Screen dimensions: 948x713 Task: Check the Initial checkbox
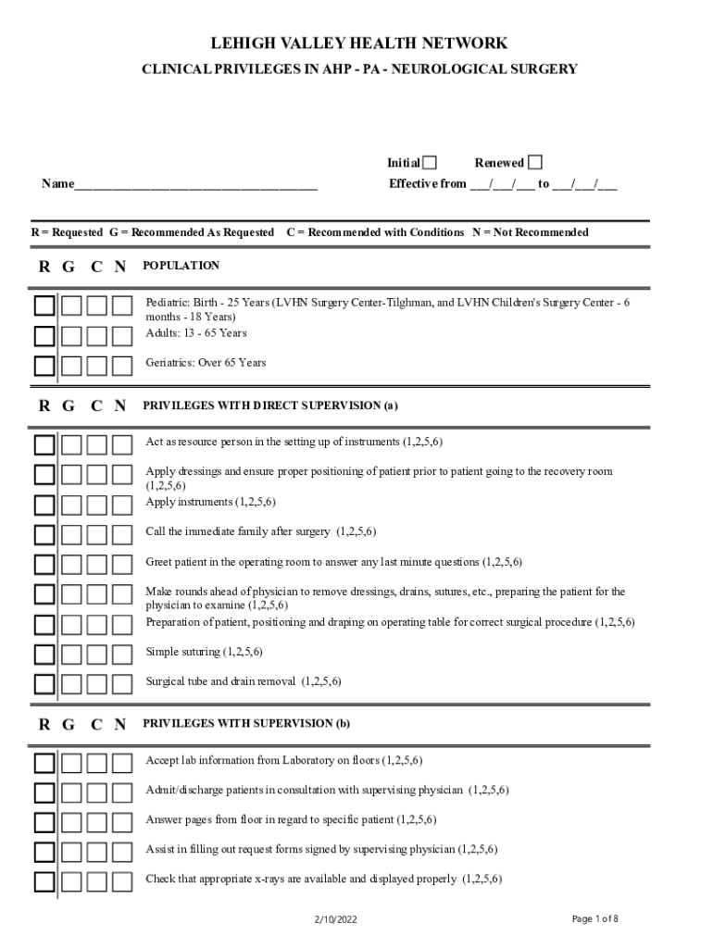point(430,163)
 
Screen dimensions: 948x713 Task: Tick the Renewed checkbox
point(535,163)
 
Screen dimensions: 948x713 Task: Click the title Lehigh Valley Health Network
point(359,44)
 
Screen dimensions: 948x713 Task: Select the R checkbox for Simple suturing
point(44,655)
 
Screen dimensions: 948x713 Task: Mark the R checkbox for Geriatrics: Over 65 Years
point(44,365)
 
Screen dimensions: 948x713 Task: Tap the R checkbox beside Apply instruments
point(44,505)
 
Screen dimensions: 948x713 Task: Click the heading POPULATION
point(181,266)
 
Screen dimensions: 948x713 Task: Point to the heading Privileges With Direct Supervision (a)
point(270,405)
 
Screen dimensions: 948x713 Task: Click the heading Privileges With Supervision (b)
point(246,723)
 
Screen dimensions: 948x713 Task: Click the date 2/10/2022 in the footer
point(335,919)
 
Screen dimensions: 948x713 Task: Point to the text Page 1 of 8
point(594,918)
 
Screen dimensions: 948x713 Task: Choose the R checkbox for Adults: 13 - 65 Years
point(44,335)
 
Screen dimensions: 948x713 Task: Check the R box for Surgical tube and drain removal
point(44,684)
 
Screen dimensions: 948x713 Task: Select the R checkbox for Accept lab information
point(44,763)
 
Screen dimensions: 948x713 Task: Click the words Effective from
point(427,183)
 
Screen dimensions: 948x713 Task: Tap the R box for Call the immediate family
point(44,534)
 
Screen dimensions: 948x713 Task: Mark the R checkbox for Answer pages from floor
point(44,822)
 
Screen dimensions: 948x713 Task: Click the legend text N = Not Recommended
point(530,232)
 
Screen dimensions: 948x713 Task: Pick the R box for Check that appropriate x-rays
point(44,881)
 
